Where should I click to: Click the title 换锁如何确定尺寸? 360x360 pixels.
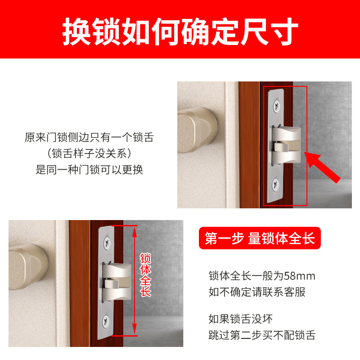pyautogui.click(x=180, y=31)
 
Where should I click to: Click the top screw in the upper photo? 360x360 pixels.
pyautogui.click(x=277, y=106)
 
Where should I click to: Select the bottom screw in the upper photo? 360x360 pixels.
pyautogui.click(x=275, y=184)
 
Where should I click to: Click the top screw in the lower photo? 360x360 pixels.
pyautogui.click(x=107, y=243)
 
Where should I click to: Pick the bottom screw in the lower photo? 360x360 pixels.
pyautogui.click(x=106, y=321)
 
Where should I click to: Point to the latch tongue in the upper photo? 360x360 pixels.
pyautogui.click(x=286, y=145)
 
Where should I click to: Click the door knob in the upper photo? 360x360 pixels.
pyautogui.click(x=197, y=130)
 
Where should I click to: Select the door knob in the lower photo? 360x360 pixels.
pyautogui.click(x=28, y=267)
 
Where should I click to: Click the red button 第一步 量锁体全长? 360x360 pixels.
pyautogui.click(x=260, y=238)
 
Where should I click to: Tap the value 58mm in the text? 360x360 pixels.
pyautogui.click(x=300, y=276)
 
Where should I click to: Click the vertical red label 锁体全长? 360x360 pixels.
pyautogui.click(x=145, y=274)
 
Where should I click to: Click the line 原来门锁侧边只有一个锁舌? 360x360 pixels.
pyautogui.click(x=89, y=137)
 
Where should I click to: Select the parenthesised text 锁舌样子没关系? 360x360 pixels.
pyautogui.click(x=89, y=153)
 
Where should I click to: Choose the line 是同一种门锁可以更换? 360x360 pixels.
pyautogui.click(x=89, y=170)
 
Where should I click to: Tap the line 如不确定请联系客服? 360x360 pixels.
pyautogui.click(x=257, y=292)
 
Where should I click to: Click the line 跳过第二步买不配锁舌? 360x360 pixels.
pyautogui.click(x=262, y=335)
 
